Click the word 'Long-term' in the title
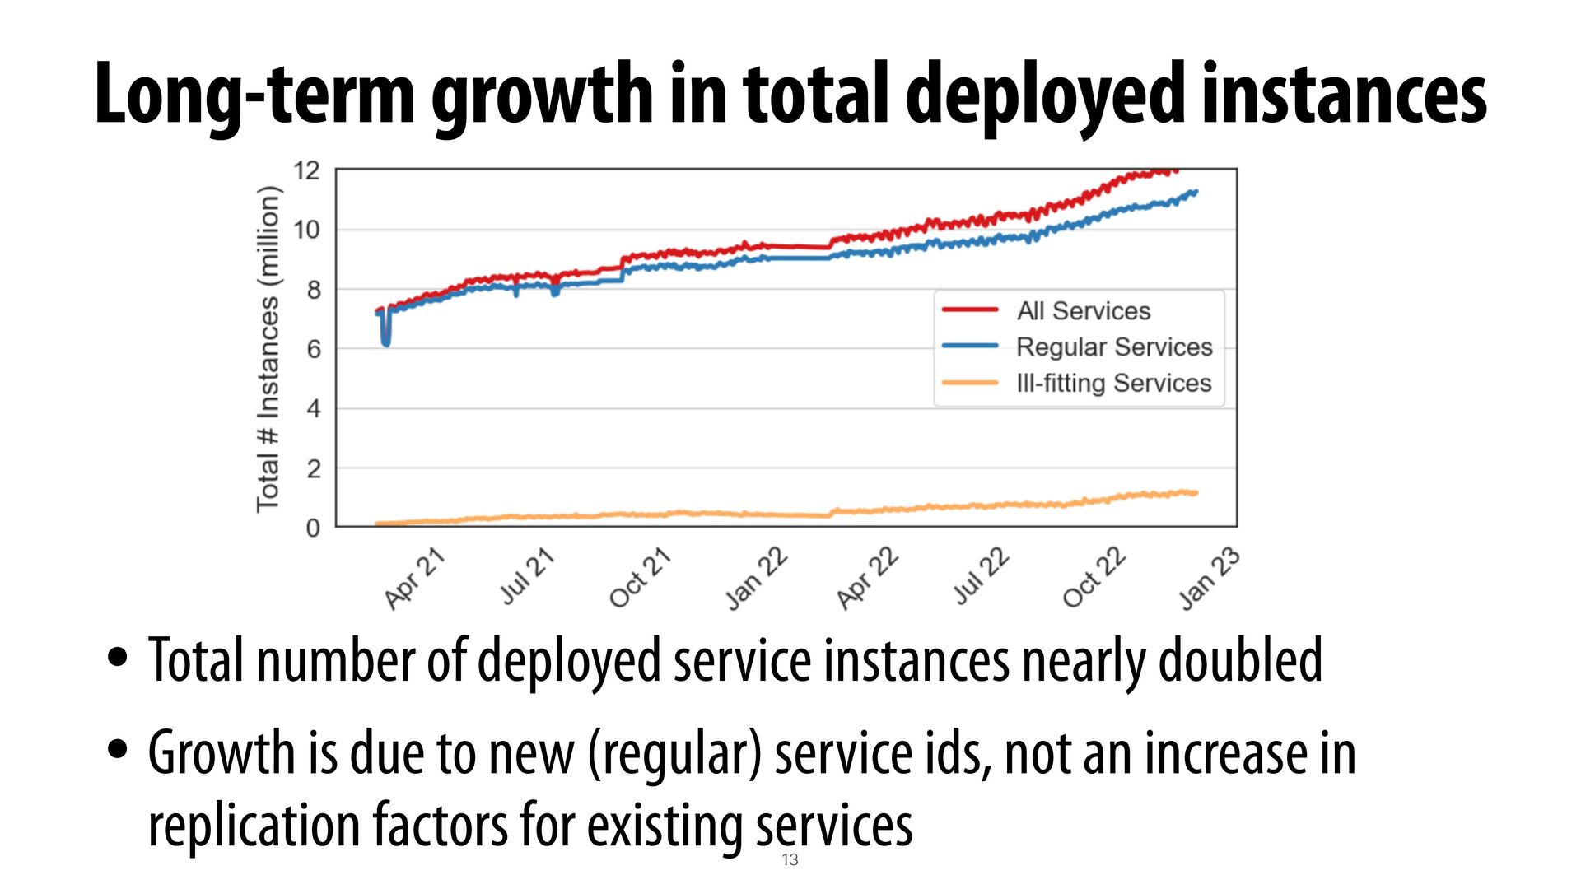click(x=254, y=95)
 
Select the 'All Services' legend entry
click(x=1083, y=311)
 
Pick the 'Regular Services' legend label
click(x=1113, y=347)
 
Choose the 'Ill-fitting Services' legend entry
click(x=1113, y=384)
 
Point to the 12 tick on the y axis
click(x=306, y=171)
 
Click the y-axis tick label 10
click(x=306, y=230)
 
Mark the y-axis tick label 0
click(x=313, y=528)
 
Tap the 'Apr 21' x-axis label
click(x=415, y=579)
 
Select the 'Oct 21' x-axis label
click(x=640, y=579)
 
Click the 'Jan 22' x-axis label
click(x=756, y=579)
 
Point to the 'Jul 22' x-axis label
click(x=981, y=576)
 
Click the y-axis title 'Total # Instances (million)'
click(x=268, y=349)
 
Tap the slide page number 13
click(x=790, y=860)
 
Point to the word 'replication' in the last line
click(x=253, y=826)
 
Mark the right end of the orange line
click(x=1196, y=493)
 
